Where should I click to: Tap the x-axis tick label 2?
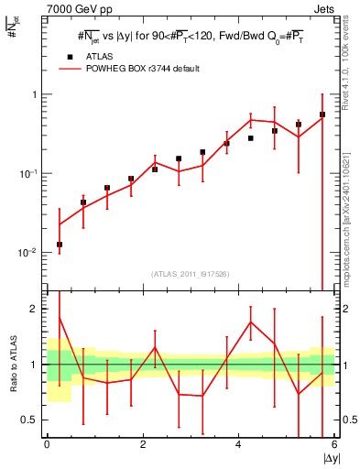click(143, 445)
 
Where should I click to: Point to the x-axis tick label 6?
click(334, 445)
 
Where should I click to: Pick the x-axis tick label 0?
click(47, 445)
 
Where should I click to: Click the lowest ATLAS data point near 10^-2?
click(60, 245)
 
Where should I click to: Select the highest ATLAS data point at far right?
click(322, 115)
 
